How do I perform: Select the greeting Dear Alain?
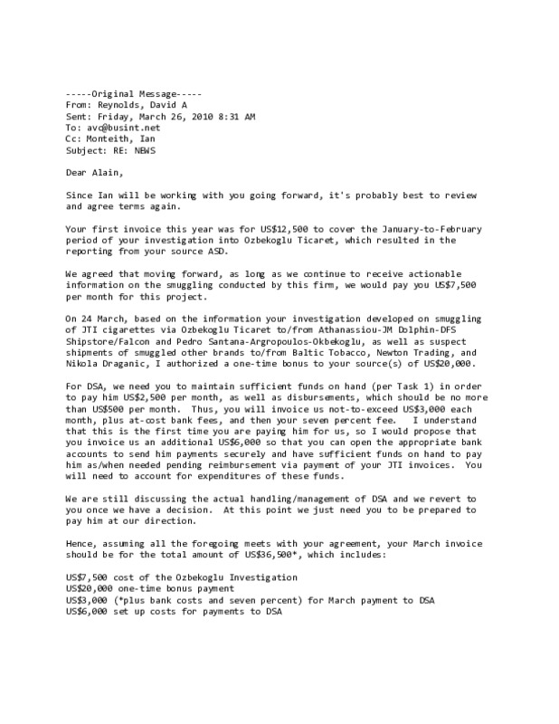click(x=94, y=173)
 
